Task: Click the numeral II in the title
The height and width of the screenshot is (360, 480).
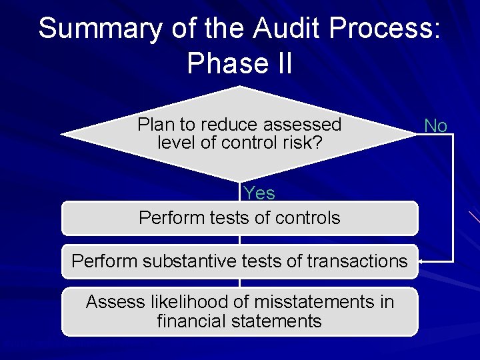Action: (280, 63)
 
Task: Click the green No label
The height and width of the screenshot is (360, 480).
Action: (435, 125)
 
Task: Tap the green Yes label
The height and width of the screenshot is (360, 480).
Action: (259, 193)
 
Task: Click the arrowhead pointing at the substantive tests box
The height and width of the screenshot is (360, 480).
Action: (421, 261)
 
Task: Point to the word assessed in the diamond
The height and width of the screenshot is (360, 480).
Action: (303, 125)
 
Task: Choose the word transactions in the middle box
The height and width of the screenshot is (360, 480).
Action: (357, 261)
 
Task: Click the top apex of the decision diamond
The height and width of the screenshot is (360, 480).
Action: (239, 87)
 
